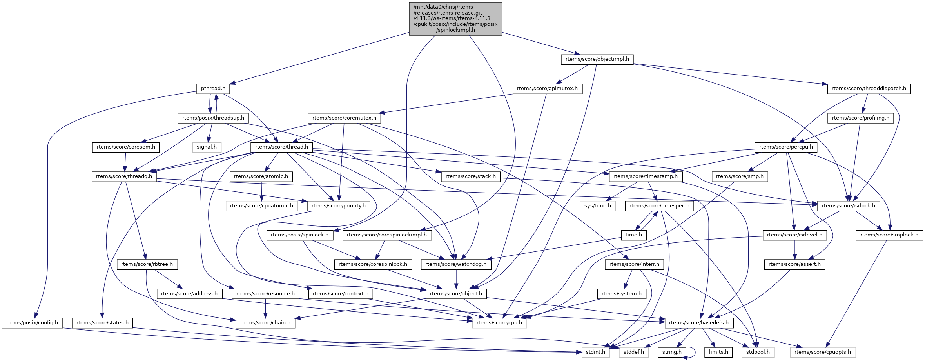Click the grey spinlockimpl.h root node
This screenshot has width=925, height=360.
pos(455,18)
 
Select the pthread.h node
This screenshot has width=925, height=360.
pos(213,89)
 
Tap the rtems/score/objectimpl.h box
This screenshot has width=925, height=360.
pos(597,59)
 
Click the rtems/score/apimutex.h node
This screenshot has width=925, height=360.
pos(547,89)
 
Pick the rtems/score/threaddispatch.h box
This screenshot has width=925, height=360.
pos(869,89)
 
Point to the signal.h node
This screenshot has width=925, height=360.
pos(207,147)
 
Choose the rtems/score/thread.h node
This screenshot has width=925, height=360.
pos(281,147)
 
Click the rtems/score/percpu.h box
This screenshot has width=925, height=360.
pos(786,147)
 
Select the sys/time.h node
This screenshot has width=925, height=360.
pos(597,206)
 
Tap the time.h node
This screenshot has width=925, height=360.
pos(633,235)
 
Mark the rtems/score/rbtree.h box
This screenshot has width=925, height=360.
pos(147,264)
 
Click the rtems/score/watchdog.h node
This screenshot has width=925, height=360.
pos(456,264)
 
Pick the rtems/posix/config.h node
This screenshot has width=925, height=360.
pos(32,323)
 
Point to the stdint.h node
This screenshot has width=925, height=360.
pos(595,352)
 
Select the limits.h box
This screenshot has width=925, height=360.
pos(718,352)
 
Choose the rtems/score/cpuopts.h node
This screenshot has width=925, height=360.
pos(822,352)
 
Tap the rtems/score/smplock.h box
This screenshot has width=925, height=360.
pos(889,235)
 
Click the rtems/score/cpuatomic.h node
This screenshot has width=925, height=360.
pos(261,206)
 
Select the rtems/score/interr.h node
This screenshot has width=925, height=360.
pos(634,264)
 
